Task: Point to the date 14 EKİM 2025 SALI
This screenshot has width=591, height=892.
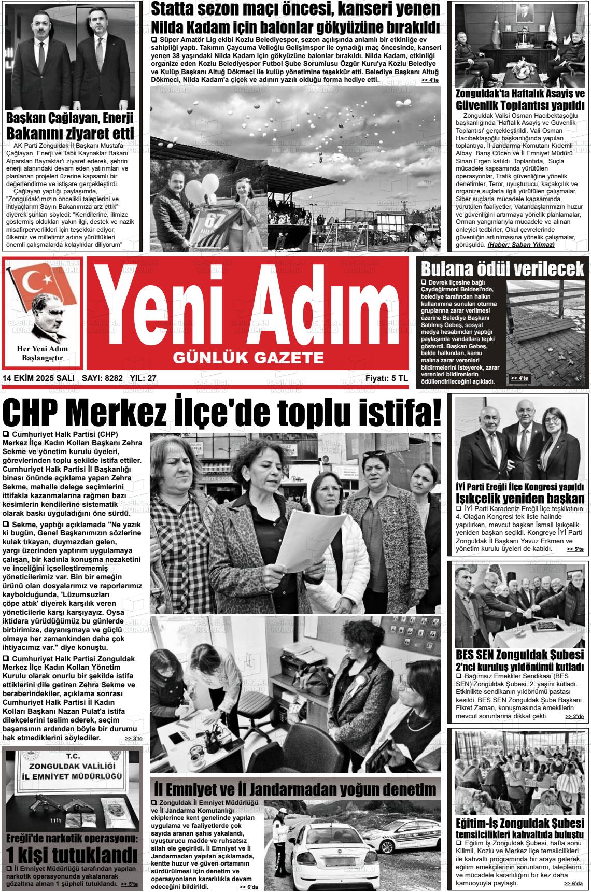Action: point(38,378)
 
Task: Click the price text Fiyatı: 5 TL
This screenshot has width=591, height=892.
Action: point(386,378)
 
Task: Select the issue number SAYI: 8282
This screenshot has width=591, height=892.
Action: point(102,378)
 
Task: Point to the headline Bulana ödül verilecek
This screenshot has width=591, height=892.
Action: point(502,270)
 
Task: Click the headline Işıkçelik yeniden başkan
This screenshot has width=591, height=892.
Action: point(520,499)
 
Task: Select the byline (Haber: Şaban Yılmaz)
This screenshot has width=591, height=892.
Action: point(521,244)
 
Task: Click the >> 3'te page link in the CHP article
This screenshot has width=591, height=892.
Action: point(134,738)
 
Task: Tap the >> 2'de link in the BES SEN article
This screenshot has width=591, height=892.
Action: point(574,716)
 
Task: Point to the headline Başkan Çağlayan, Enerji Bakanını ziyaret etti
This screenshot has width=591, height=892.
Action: point(69,125)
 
